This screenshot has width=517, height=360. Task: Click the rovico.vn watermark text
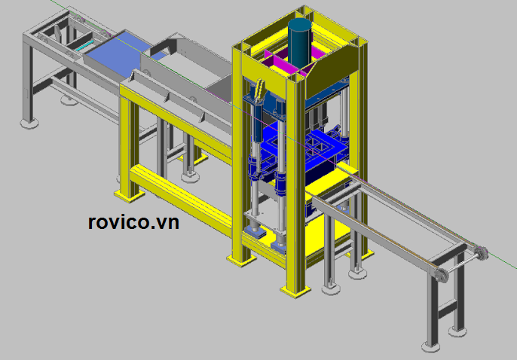coord(133,222)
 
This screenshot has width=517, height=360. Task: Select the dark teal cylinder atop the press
coord(300,41)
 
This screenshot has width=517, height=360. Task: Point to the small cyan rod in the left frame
coord(84,45)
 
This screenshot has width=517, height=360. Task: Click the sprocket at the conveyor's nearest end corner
coord(440,275)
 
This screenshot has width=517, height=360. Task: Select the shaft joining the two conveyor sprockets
coord(460,264)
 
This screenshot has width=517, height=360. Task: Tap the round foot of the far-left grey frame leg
coord(29,124)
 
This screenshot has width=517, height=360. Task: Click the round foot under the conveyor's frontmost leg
coord(431,347)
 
